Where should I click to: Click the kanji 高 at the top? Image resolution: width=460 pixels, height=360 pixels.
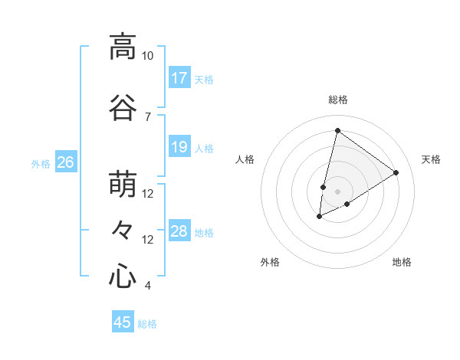[122, 47]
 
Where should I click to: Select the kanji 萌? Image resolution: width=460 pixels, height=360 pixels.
[122, 184]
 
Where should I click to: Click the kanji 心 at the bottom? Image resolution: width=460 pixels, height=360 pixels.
[122, 276]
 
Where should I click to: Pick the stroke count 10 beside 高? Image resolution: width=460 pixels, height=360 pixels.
[147, 56]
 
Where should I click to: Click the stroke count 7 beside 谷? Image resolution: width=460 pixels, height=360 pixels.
[147, 116]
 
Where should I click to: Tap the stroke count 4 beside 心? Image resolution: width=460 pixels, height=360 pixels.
[147, 286]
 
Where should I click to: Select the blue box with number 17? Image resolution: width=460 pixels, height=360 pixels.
[179, 77]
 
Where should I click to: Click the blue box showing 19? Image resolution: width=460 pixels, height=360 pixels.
[179, 147]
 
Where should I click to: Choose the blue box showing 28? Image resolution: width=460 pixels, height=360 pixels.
[179, 231]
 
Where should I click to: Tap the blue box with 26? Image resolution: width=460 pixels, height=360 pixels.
[66, 162]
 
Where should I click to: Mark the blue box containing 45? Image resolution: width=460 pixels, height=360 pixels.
[123, 322]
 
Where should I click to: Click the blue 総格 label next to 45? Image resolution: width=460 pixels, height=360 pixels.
[147, 324]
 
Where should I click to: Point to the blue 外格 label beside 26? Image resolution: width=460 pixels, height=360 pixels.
[41, 163]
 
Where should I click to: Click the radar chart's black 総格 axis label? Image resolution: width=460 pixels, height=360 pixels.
[337, 100]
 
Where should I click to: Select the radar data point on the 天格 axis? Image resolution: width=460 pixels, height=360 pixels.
[396, 172]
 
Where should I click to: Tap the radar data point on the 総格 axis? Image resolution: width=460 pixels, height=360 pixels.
[337, 130]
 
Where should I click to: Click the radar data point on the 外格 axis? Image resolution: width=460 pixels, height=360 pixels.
[320, 217]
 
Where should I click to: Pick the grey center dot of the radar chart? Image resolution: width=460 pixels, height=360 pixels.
[337, 191]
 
